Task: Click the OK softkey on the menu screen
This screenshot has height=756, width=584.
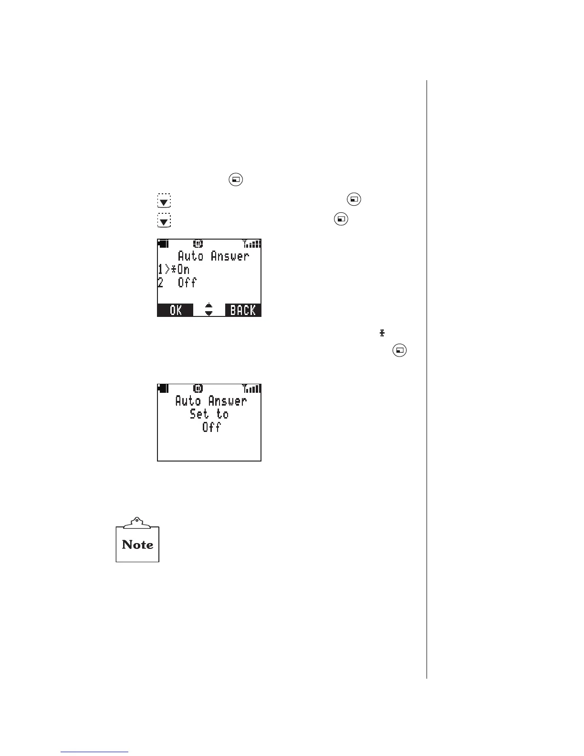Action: pos(176,310)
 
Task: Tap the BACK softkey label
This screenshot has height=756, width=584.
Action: pos(243,310)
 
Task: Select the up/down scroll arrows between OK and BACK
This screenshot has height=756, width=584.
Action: pos(209,310)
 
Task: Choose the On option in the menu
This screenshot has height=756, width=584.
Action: pos(183,270)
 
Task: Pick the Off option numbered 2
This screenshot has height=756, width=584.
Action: pos(187,283)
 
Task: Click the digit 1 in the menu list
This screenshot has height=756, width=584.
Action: pos(160,270)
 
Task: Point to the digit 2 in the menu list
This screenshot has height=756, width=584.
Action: pos(160,283)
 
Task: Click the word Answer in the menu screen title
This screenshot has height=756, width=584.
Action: pos(230,256)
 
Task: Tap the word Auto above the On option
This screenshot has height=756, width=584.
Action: pos(190,256)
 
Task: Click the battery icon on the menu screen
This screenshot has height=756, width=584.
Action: pos(163,244)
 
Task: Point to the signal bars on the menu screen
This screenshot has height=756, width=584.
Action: pos(252,244)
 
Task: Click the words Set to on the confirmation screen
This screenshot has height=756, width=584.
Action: pos(209,414)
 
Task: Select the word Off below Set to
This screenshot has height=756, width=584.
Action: pos(211,427)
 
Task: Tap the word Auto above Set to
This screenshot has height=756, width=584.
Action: pos(188,401)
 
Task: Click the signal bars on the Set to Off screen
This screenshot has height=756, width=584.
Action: pos(252,388)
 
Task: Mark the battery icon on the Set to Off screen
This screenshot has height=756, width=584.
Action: pos(163,388)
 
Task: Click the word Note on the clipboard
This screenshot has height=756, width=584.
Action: pos(137,545)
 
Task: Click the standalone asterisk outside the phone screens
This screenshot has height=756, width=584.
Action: pos(382,333)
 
